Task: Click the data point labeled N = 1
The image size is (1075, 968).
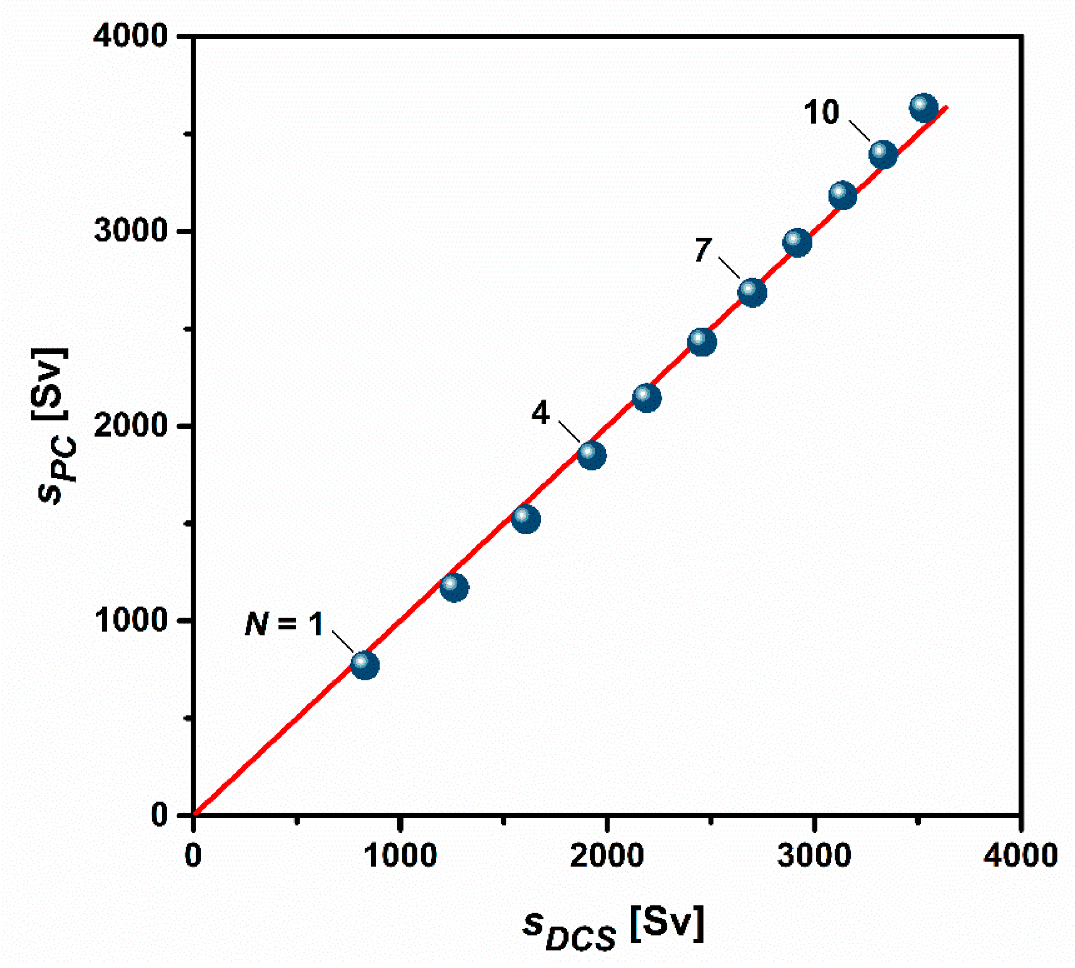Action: click(x=364, y=665)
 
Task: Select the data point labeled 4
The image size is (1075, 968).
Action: click(x=592, y=455)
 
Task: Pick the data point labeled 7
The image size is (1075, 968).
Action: click(x=751, y=292)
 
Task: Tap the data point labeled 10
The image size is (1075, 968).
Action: click(x=883, y=155)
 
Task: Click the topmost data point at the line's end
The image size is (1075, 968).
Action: click(x=924, y=109)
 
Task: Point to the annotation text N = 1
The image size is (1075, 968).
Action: click(x=284, y=624)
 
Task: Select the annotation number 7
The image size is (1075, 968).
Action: click(x=702, y=250)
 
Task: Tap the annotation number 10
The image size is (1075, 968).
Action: click(x=821, y=112)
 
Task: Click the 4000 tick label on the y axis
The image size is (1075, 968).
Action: click(x=131, y=37)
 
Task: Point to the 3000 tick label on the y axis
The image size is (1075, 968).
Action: click(x=131, y=231)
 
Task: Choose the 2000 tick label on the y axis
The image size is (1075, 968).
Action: click(x=131, y=426)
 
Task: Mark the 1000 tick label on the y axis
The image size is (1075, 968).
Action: click(x=131, y=620)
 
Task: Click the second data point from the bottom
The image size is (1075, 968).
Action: click(x=454, y=588)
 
